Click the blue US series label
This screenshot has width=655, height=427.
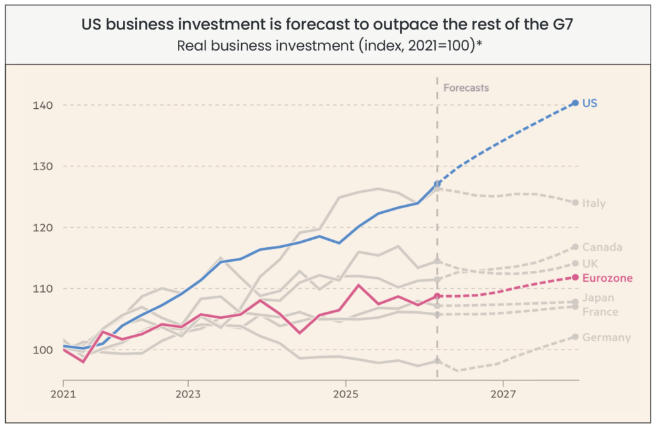tap(589, 103)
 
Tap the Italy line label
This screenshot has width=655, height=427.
tap(594, 203)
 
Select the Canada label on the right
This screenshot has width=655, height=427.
tap(602, 247)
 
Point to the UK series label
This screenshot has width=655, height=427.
tap(590, 264)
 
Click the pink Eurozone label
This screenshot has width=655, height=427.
tap(608, 278)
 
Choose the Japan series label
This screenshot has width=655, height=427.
tap(598, 298)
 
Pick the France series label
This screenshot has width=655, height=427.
tap(600, 312)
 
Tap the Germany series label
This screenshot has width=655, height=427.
tap(606, 338)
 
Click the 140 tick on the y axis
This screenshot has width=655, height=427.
tap(43, 106)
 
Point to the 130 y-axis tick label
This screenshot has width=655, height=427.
tap(43, 166)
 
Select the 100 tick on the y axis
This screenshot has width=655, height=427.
tap(43, 350)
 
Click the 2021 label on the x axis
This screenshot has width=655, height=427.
tap(63, 394)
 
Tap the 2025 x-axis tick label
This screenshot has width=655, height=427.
tap(346, 394)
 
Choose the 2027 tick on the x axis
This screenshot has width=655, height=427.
tap(503, 394)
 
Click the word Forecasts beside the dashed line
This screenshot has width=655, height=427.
tap(466, 88)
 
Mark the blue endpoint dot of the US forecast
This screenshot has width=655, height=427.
tap(575, 103)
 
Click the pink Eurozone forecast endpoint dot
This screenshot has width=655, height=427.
tap(575, 277)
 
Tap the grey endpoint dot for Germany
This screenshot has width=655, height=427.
tap(575, 337)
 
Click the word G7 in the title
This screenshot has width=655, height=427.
tap(563, 24)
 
